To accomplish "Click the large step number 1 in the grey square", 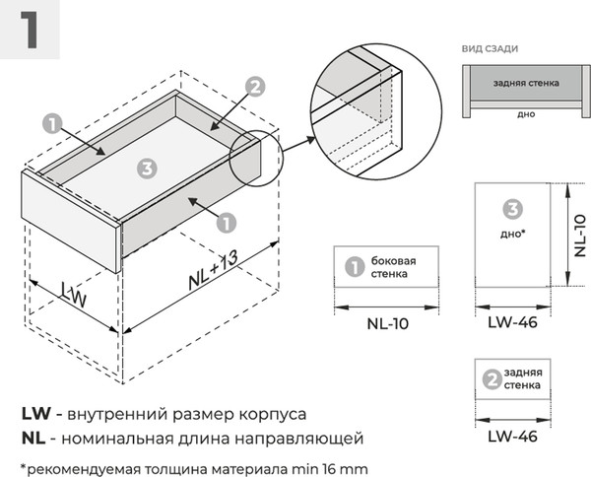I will click(x=31, y=30).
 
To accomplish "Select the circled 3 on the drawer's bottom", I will click(x=147, y=169).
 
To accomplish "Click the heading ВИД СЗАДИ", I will click(x=490, y=48).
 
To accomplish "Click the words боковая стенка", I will click(x=393, y=267).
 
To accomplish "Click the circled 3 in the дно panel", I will click(x=511, y=209).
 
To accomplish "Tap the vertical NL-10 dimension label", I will click(x=578, y=236).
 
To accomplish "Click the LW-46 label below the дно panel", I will click(x=512, y=323).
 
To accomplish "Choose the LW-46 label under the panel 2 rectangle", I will click(x=512, y=435).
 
